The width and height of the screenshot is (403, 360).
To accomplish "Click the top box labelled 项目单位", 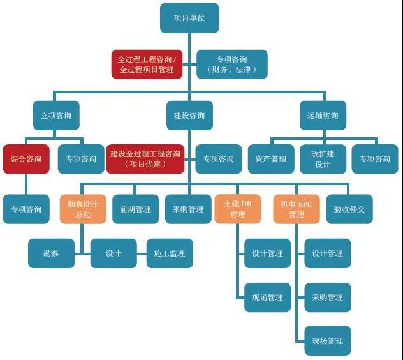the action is click(189, 18).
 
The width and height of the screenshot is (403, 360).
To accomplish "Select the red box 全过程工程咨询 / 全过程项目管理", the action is click(147, 64).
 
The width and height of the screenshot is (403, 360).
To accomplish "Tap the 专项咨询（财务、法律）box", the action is click(232, 64).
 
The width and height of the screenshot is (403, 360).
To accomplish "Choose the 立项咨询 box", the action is click(56, 116).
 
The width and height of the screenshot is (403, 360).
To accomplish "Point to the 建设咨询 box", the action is click(189, 116).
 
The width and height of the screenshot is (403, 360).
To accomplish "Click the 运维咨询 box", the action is click(323, 116).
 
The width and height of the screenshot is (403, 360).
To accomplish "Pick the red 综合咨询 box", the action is click(26, 159).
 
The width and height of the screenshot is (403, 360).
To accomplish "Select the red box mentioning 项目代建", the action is click(145, 159).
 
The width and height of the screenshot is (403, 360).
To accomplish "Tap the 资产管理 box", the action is click(271, 159).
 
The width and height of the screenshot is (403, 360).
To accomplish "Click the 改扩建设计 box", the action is click(323, 159).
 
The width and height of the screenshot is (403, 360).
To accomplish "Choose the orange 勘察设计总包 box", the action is click(83, 209).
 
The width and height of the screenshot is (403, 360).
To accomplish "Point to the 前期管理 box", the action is click(135, 209).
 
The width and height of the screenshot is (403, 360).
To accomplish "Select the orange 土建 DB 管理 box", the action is click(238, 209).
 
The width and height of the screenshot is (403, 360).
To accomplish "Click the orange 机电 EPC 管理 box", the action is click(297, 209).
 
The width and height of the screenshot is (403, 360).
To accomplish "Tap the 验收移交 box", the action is click(349, 209).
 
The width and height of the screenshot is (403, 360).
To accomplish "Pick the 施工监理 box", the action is click(170, 253).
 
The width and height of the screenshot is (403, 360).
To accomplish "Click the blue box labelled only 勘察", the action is click(52, 253).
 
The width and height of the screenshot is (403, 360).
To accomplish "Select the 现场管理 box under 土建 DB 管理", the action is click(268, 297).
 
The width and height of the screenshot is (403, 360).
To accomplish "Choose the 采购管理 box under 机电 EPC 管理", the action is click(328, 297).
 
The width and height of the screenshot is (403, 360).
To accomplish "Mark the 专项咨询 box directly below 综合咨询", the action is click(26, 209).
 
